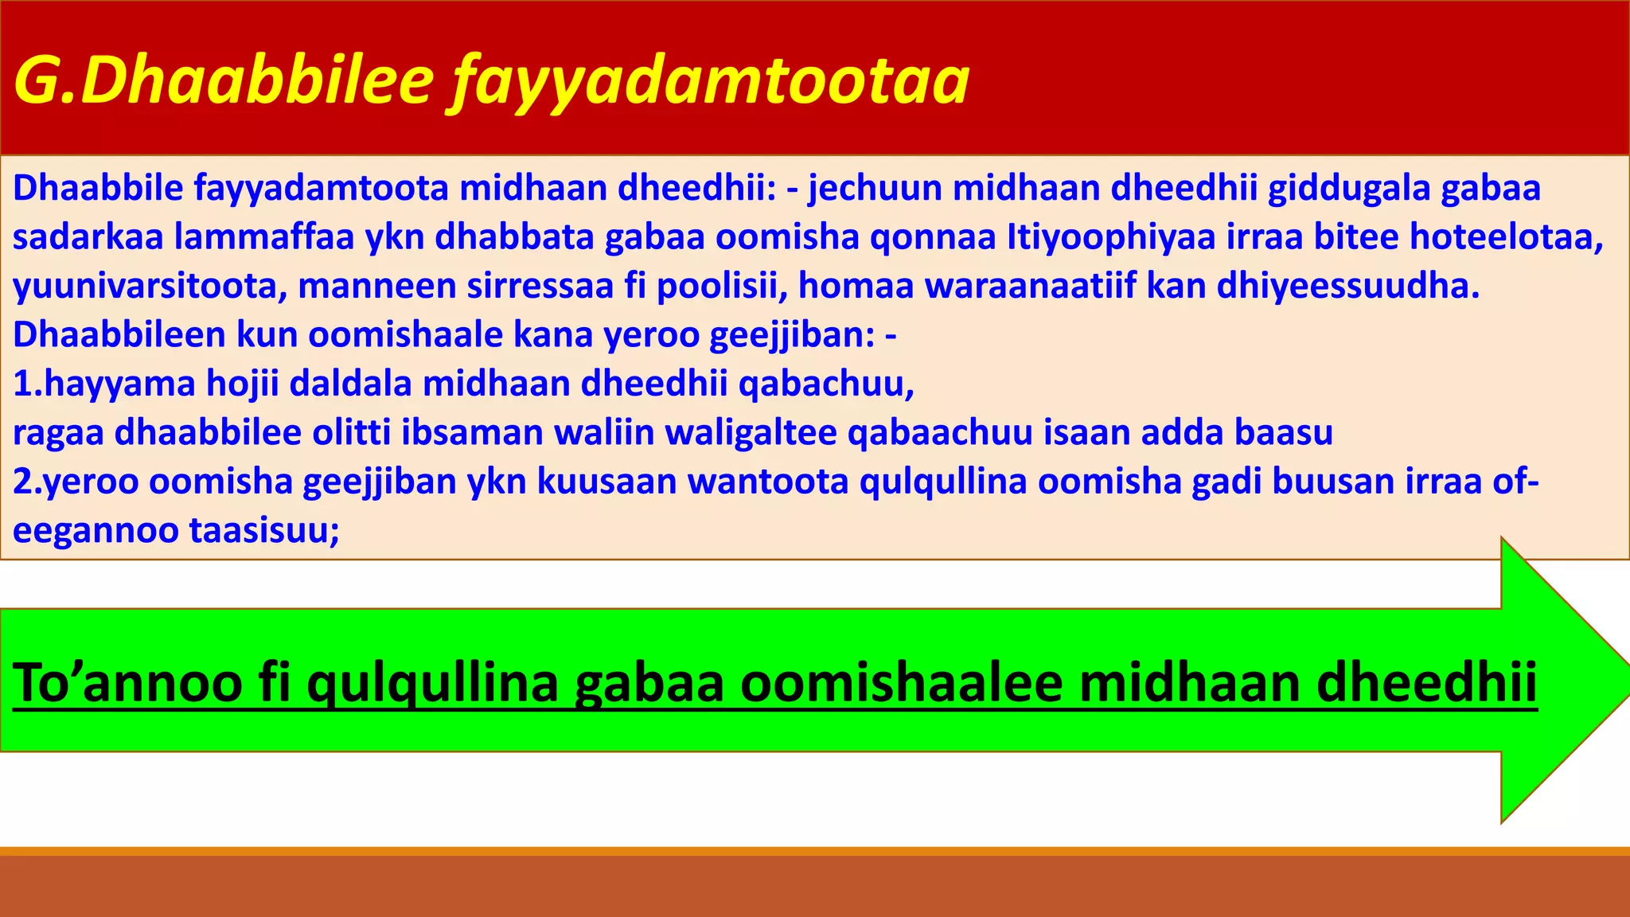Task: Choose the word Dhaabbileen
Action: (119, 335)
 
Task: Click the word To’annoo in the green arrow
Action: (127, 683)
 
